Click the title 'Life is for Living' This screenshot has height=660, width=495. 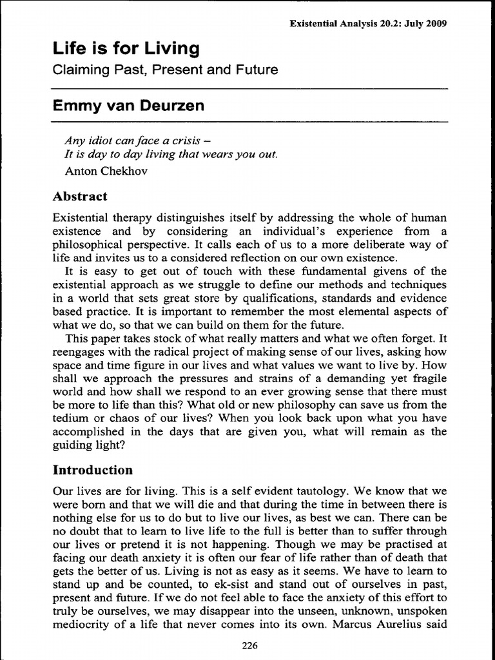[x=126, y=48]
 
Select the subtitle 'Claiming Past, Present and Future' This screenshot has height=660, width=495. [x=165, y=70]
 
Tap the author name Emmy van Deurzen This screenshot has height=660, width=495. [x=128, y=106]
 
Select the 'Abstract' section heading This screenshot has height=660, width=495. [x=80, y=197]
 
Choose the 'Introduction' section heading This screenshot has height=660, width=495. [x=92, y=470]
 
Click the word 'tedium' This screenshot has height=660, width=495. [x=70, y=418]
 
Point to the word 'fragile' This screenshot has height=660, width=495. [x=429, y=378]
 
